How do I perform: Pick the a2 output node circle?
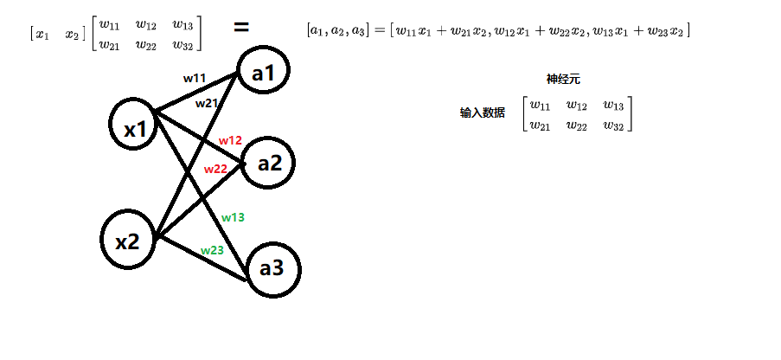pos(269,162)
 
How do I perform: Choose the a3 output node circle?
pos(272,268)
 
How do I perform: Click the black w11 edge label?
pos(195,78)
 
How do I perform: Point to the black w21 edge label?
pos(206,103)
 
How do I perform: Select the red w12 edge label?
pos(230,139)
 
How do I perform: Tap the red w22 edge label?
pos(215,169)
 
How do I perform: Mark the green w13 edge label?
pos(233,217)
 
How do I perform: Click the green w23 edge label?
pos(212,250)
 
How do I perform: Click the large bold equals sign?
pos(242,27)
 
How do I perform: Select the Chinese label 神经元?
pos(563,79)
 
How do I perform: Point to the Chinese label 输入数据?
pos(483,112)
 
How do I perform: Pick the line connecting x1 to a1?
pos(195,93)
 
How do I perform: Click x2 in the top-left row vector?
pos(72,35)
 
